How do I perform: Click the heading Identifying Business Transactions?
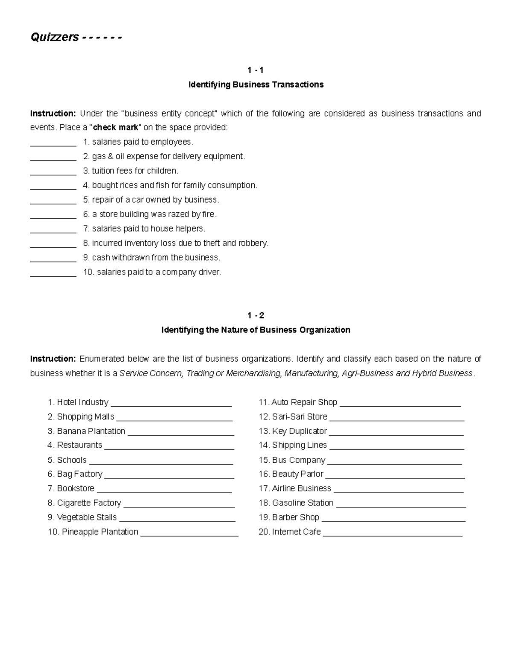tap(256, 85)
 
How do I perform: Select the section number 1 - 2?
tap(256, 315)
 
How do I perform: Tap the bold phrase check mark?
tap(116, 127)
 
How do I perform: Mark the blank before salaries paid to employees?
tap(53, 143)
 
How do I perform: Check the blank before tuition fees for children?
tap(53, 172)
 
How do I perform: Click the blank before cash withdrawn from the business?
tap(53, 259)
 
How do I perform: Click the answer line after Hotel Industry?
tap(171, 403)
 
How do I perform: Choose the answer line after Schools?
tap(161, 461)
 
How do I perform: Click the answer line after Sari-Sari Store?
tap(397, 418)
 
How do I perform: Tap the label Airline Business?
tap(301, 488)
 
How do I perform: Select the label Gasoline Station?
tap(303, 503)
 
